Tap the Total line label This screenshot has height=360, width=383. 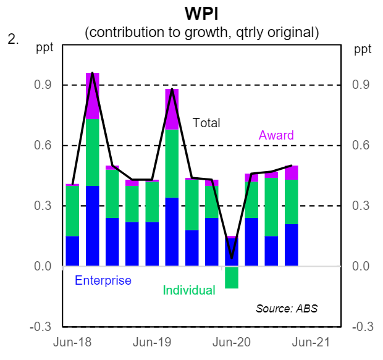pyautogui.click(x=206, y=123)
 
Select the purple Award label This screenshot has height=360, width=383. pyautogui.click(x=276, y=135)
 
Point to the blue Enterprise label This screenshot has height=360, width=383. pyautogui.click(x=103, y=280)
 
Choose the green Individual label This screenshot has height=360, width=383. pyautogui.click(x=189, y=290)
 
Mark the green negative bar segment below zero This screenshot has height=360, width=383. pyautogui.click(x=231, y=277)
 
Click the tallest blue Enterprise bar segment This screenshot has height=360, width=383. pyautogui.click(x=93, y=225)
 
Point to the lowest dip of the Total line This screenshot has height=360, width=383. pyautogui.click(x=231, y=257)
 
